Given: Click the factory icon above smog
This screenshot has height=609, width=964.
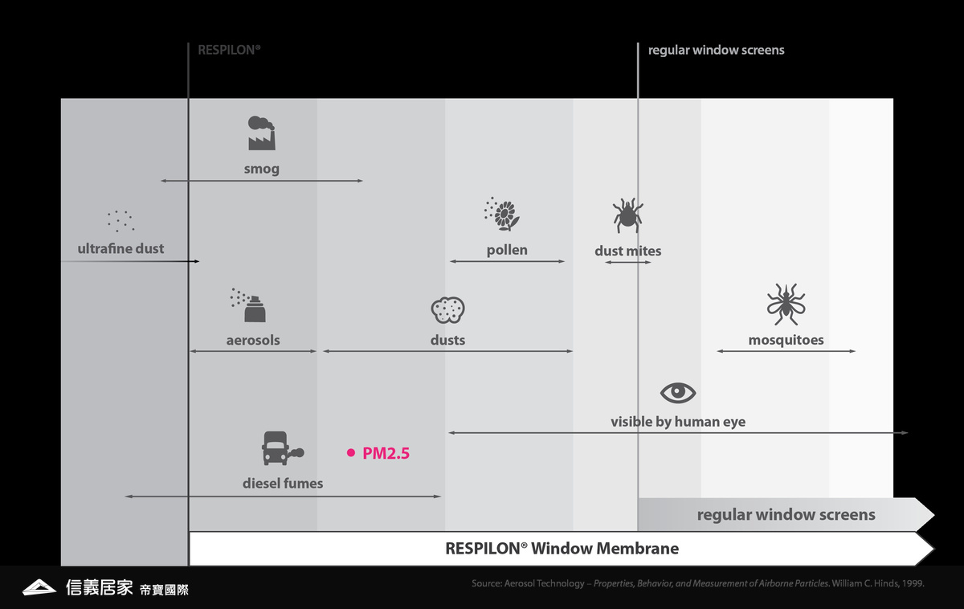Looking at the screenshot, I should click(x=262, y=133).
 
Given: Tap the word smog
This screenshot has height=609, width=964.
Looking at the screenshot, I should click(x=262, y=170).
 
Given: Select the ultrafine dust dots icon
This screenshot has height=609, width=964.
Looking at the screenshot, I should click(x=120, y=220).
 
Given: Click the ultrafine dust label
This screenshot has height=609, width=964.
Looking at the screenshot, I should click(x=120, y=249).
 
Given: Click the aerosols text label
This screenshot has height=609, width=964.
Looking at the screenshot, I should click(x=253, y=340).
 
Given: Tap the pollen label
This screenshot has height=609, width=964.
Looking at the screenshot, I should click(x=507, y=250).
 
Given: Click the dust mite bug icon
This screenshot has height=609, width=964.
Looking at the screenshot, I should click(x=627, y=216).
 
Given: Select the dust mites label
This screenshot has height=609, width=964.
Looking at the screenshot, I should click(x=627, y=251).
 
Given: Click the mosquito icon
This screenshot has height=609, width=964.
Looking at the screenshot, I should click(x=786, y=304).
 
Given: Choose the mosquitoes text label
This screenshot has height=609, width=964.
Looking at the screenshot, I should click(x=786, y=340).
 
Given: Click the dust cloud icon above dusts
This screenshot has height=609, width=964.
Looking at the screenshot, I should click(x=447, y=309).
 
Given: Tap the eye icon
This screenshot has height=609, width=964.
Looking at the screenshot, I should click(x=678, y=393).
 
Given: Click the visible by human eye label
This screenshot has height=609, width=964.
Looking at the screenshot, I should click(x=678, y=422).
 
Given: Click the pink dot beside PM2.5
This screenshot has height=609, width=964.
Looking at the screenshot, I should click(x=351, y=453).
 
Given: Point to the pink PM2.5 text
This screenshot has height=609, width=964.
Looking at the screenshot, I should click(x=386, y=453).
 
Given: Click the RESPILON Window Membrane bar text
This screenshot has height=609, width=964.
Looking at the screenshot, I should click(x=562, y=549).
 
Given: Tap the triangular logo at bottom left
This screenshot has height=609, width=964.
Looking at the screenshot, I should click(x=39, y=587).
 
